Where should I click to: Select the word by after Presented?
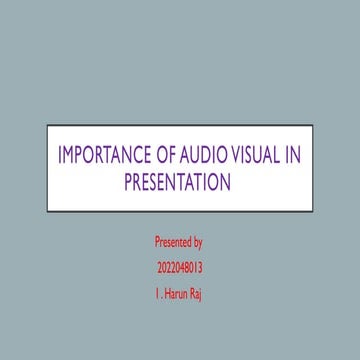click(198, 243)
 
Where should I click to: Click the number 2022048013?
click(180, 268)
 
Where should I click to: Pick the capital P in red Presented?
click(157, 242)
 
